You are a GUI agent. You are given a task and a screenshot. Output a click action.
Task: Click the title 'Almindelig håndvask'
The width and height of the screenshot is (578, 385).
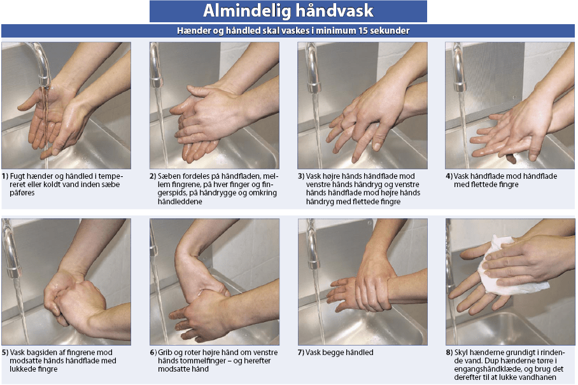click(x=288, y=11)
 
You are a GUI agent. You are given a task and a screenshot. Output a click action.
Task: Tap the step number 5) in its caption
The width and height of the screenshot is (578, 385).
click(x=5, y=353)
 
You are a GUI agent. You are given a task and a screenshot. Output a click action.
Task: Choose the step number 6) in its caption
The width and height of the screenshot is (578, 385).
click(x=153, y=353)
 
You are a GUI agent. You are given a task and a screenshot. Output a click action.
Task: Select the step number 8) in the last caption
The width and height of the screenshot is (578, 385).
click(x=449, y=353)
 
